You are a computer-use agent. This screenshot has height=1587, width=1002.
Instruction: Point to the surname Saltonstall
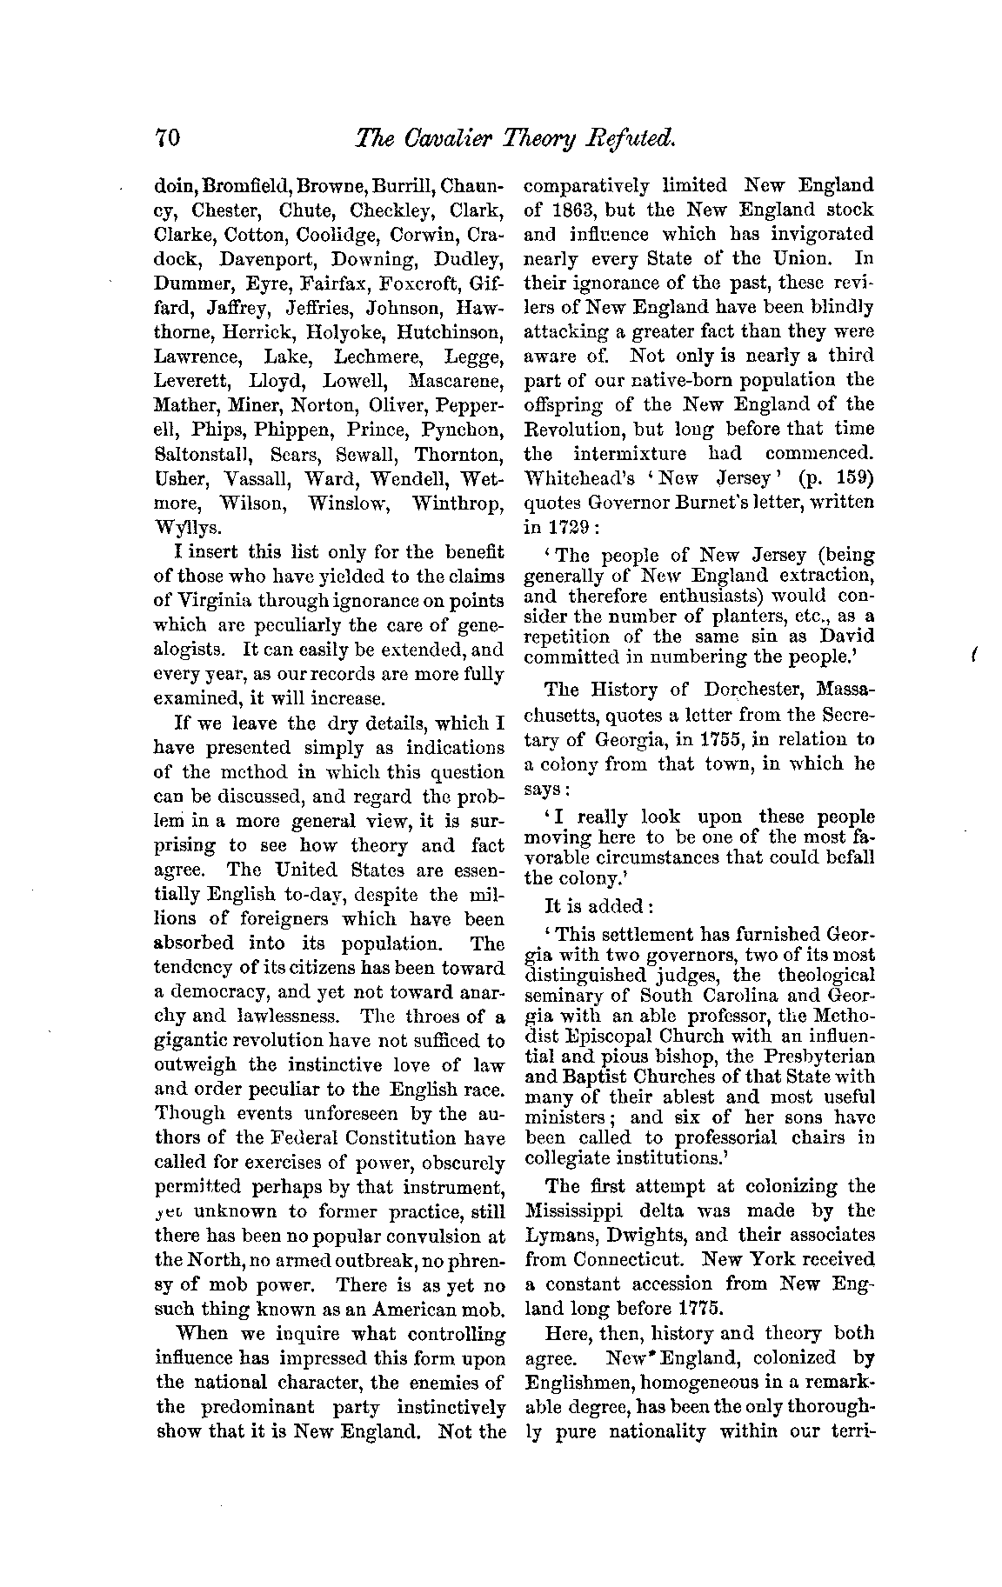click(201, 455)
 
